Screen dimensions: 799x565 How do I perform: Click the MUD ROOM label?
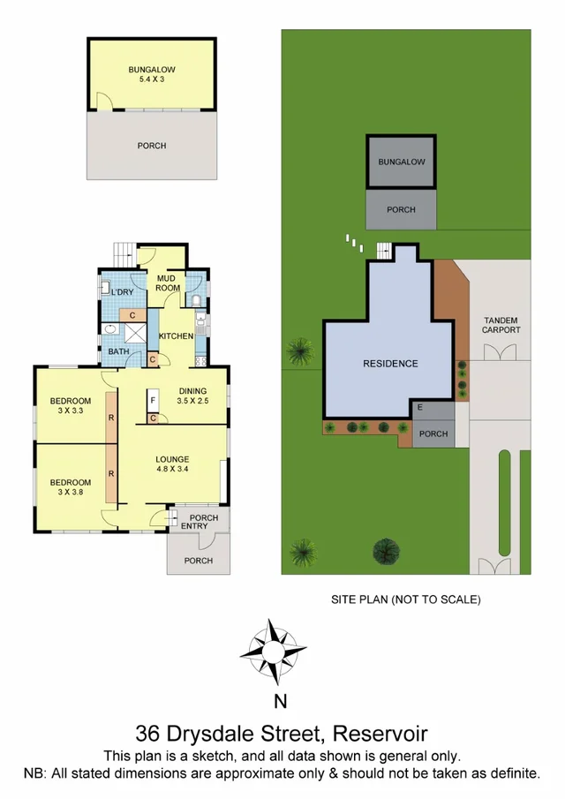coord(168,283)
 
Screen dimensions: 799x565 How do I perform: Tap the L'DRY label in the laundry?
coord(121,291)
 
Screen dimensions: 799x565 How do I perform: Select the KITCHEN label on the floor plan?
coord(176,336)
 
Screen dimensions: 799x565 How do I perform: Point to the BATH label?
coord(118,351)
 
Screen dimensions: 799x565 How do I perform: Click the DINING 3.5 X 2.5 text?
coord(192,396)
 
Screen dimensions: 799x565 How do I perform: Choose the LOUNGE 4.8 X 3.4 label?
coord(172,464)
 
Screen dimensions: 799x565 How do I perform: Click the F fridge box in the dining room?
coord(153,400)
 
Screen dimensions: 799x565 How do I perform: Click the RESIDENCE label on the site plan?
coord(390,363)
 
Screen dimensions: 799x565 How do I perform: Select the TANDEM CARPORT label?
coord(501,324)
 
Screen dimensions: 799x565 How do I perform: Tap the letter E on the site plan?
coord(419,407)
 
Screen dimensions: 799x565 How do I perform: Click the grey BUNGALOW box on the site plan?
coord(401,162)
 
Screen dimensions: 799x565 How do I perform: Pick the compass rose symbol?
coord(274,652)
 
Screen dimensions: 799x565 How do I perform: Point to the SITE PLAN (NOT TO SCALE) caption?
coord(405,599)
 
